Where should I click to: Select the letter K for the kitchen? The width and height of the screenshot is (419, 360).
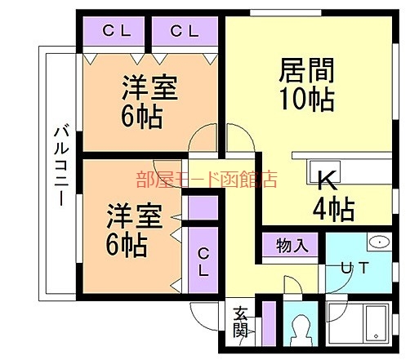(x=325, y=180)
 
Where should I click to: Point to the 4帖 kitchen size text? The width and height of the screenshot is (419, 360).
(x=333, y=210)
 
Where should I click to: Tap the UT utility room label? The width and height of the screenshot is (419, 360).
(x=354, y=266)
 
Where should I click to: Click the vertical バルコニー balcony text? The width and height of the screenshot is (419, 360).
(x=60, y=167)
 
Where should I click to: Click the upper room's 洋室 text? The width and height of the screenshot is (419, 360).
(x=151, y=88)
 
